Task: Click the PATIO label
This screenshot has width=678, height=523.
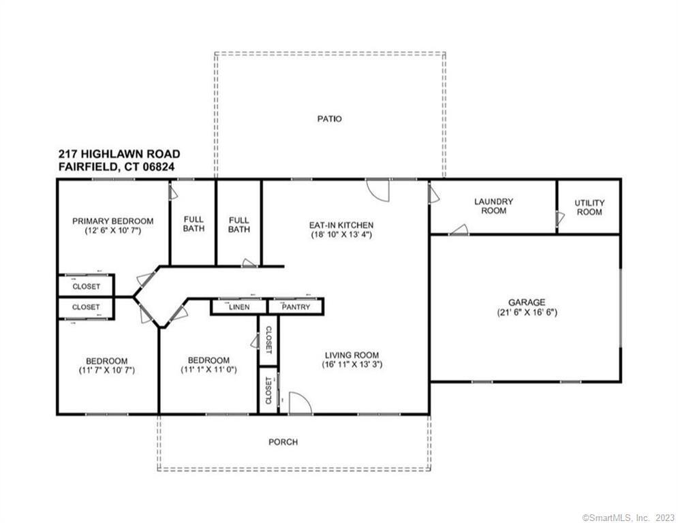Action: (329, 118)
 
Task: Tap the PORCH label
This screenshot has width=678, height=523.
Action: (283, 442)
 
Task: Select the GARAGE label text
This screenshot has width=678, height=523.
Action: (527, 302)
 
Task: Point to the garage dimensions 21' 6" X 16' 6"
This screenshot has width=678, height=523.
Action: (527, 313)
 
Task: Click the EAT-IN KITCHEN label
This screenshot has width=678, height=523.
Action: (341, 225)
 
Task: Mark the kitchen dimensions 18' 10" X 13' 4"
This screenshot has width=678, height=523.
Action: (341, 235)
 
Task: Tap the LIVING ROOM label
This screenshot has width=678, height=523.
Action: (351, 355)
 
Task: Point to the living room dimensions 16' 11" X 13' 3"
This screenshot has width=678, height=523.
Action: (351, 365)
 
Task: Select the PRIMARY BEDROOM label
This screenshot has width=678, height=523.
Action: (112, 221)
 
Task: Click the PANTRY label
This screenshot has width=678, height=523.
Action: (295, 307)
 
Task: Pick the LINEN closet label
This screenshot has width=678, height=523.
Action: (238, 307)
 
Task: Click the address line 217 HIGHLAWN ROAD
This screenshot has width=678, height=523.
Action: (119, 155)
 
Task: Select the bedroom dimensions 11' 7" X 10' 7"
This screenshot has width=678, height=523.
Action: (106, 371)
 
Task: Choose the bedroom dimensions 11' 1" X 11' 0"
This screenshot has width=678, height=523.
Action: (209, 370)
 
